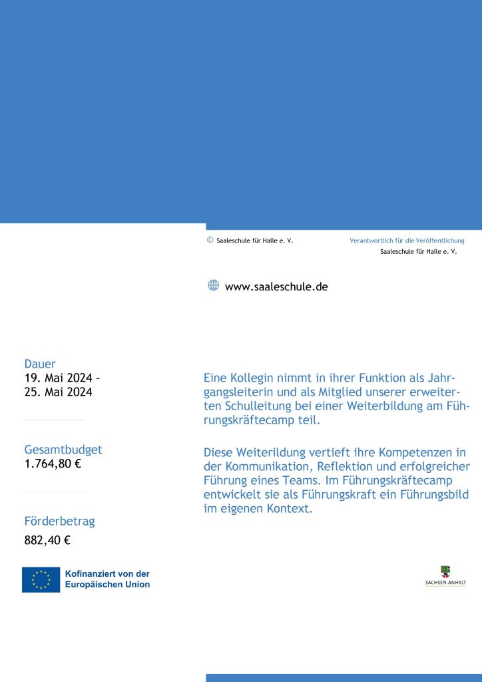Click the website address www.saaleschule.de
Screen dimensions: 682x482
(x=276, y=287)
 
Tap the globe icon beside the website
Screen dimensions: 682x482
(x=214, y=286)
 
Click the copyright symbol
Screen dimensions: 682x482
(x=210, y=240)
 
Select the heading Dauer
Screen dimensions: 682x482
(x=40, y=364)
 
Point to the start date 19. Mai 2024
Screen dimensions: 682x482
(x=59, y=378)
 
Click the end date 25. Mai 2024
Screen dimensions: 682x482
(x=58, y=392)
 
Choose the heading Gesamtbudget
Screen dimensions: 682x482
(x=63, y=450)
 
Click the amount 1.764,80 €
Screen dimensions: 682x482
(x=53, y=464)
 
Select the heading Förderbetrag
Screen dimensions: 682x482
(x=59, y=521)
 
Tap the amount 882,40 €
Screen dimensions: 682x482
(x=47, y=540)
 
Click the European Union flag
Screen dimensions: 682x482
(x=41, y=579)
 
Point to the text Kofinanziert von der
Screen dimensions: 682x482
(x=107, y=573)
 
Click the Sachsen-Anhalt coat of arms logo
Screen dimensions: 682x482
(x=445, y=572)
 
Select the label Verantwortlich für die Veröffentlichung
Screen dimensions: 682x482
(x=407, y=240)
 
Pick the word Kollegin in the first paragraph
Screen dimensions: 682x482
(x=252, y=378)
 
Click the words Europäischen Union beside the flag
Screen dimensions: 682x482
(x=107, y=585)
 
